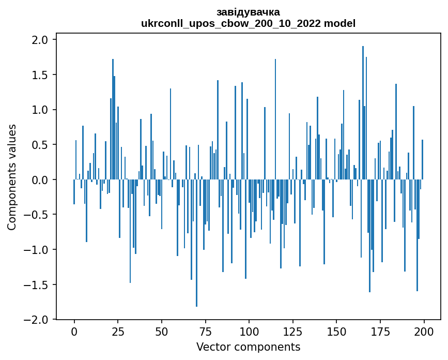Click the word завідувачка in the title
coord(248,12)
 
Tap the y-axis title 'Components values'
coord(12,177)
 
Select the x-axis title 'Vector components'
coord(248,347)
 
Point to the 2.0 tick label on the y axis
coord(40,40)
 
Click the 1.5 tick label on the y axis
coord(40,75)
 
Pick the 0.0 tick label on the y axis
coord(40,180)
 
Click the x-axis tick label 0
coord(74,331)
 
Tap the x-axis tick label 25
coord(118,331)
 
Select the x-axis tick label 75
coord(205,331)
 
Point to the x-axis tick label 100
coord(249,331)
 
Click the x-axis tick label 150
coord(336,331)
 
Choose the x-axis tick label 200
coord(424,331)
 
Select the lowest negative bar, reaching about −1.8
coord(196,243)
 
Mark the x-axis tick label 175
coord(380,331)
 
